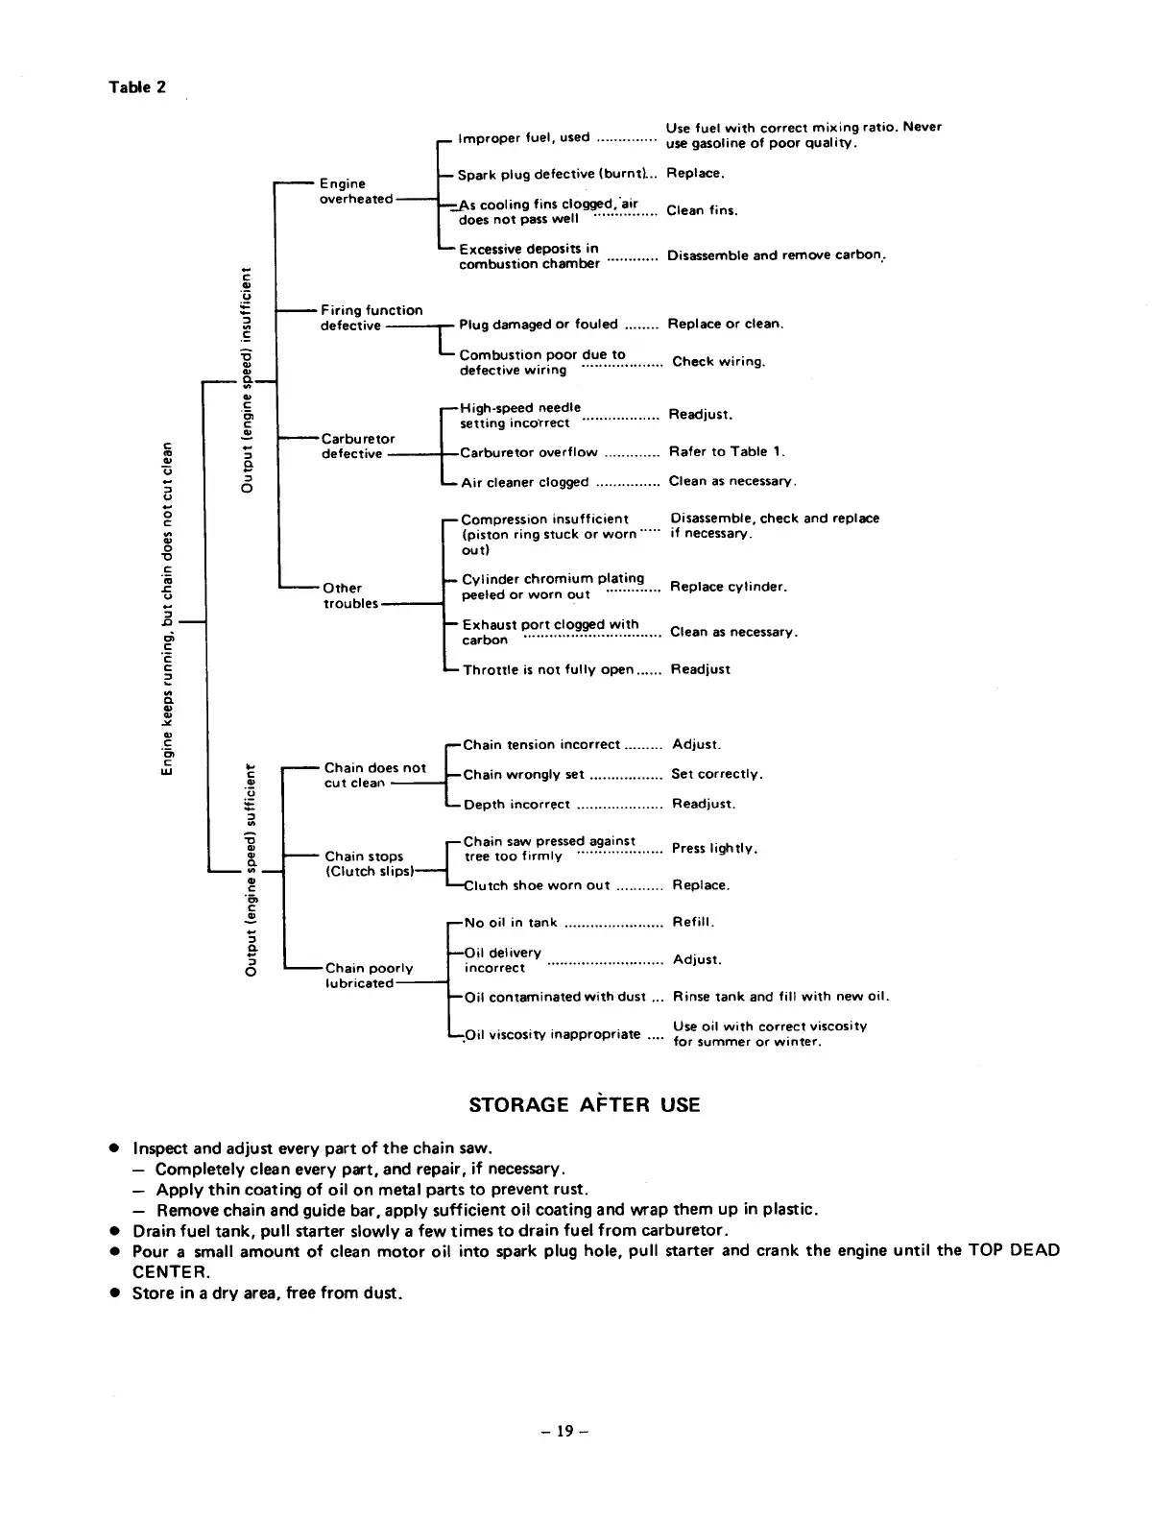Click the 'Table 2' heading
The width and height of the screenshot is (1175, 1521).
click(x=136, y=87)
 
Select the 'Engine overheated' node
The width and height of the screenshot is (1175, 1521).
click(x=355, y=191)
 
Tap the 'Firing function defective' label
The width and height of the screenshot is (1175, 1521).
click(x=371, y=318)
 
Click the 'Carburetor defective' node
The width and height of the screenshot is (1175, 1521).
click(x=357, y=447)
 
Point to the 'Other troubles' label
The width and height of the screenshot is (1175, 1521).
click(x=350, y=595)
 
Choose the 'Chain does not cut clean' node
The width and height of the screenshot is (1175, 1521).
click(x=373, y=775)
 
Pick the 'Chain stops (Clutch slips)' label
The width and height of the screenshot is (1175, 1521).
click(x=369, y=864)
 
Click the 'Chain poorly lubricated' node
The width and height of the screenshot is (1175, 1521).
click(x=369, y=976)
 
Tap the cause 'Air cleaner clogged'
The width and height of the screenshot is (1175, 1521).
click(x=524, y=482)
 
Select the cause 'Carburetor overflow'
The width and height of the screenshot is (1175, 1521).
click(x=528, y=452)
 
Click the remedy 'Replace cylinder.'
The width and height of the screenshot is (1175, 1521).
click(x=729, y=587)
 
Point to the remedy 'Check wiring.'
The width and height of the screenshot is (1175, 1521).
click(x=718, y=362)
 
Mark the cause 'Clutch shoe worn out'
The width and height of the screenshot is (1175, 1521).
click(x=537, y=885)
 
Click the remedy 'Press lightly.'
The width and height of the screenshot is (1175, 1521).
click(x=715, y=849)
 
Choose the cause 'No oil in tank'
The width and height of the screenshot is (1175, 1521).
click(x=511, y=923)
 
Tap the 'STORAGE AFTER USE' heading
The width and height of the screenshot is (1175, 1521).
click(x=585, y=1105)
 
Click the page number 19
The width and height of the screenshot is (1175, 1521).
click(x=564, y=1432)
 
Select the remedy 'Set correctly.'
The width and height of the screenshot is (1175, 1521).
click(x=717, y=774)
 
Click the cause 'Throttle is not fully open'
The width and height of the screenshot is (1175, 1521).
click(x=547, y=670)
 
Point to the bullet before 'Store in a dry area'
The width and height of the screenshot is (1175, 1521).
click(x=114, y=1293)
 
